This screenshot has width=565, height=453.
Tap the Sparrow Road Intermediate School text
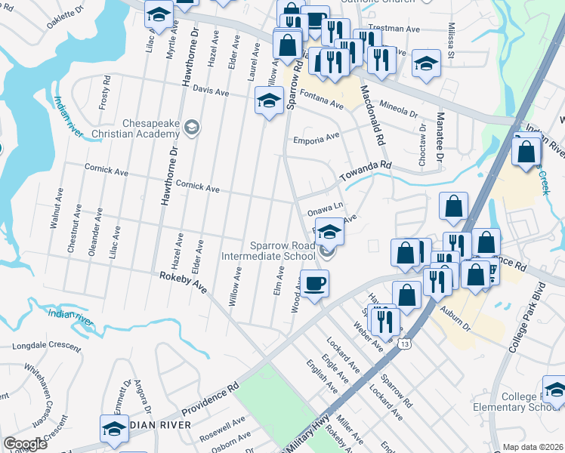pos(273,251)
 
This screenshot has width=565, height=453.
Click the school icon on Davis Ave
pos(268,100)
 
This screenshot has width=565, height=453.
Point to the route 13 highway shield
pos(406,344)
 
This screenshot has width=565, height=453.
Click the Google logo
pos(25,444)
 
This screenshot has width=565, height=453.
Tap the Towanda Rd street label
pos(366,171)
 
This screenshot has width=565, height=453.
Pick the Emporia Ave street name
pos(317,139)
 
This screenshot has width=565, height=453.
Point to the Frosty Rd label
pos(104,97)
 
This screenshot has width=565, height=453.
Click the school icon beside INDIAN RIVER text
pos(114,428)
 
